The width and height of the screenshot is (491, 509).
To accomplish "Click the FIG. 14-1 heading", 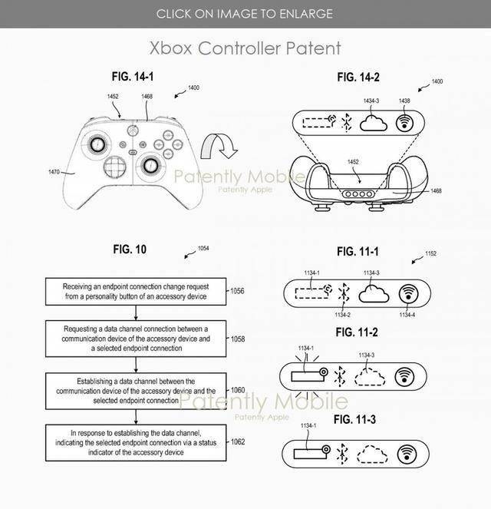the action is pos(133,77).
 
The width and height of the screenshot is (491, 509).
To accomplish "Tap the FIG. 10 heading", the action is pos(130,250).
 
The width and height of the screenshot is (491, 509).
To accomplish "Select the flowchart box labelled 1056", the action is pos(136,292).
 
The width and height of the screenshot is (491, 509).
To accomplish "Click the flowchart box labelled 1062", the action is pos(136,443).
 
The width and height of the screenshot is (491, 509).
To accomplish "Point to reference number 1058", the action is pos(238,339).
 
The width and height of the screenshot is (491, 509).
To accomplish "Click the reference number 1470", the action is pos(54,172).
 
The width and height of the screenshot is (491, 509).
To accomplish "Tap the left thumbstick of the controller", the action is pos(97,144).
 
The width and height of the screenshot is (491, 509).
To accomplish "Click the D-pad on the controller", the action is pos(115,166).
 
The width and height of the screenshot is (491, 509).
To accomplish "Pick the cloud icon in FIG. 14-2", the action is pos(374,124).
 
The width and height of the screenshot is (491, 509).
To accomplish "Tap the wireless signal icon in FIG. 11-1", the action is pos(408,294).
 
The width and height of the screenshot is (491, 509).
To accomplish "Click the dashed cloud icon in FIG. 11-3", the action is pos(372,454).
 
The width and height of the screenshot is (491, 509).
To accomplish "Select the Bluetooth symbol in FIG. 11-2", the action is pos(340,376).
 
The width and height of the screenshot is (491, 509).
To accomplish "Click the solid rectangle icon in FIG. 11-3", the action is pos(310,454).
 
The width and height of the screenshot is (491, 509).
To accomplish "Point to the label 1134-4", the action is pos(407,315).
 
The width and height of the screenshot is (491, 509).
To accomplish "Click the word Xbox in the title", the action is pos(170,48).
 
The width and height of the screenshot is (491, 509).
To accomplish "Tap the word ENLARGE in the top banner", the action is pos(306,14).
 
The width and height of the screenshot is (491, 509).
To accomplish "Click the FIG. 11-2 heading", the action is pos(357,332).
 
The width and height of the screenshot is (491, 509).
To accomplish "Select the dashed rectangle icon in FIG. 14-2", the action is pos(318,122).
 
